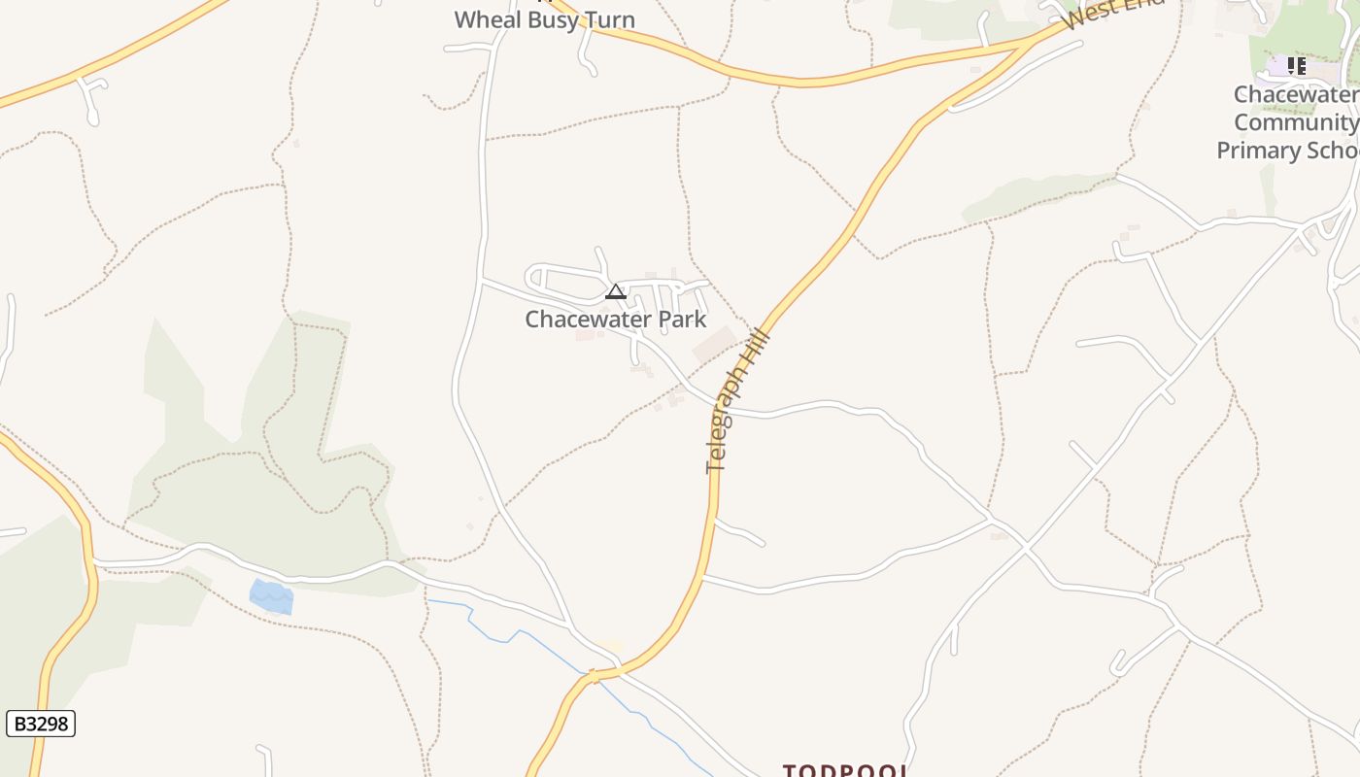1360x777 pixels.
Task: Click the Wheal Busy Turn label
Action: pos(544,19)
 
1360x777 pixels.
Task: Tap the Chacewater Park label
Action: pos(616,320)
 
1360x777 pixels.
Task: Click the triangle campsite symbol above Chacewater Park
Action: pos(615,291)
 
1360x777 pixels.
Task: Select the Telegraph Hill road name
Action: pos(738,401)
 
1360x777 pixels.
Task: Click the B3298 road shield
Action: pos(41,724)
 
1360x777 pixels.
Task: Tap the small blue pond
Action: pos(271,595)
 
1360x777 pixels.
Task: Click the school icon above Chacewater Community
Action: pos(1296,66)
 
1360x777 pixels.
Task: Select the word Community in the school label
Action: pos(1296,122)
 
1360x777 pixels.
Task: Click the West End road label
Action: pos(1112,15)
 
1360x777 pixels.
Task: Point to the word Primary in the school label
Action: pos(1260,151)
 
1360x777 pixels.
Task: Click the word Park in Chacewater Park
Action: pos(682,320)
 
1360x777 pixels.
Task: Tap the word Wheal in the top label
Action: pos(485,19)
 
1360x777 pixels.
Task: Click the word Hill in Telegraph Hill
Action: pos(759,349)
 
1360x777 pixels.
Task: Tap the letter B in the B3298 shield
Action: pos(18,724)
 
